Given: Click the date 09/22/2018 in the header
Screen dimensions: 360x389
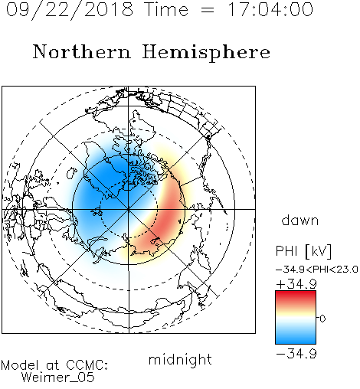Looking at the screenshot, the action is point(70,10).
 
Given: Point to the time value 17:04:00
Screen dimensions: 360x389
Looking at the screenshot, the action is point(270,9).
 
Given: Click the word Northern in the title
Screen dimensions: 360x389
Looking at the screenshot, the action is point(82,51).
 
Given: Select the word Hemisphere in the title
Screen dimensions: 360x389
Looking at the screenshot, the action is point(206,53).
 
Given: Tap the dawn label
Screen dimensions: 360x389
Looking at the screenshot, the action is point(300,220).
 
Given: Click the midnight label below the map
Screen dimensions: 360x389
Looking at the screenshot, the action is point(180,360).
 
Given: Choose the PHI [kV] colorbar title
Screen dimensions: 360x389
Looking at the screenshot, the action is point(303,251).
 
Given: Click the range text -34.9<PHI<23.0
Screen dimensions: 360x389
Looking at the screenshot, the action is point(317,270).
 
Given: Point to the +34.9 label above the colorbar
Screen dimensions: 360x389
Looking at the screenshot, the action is point(296,284).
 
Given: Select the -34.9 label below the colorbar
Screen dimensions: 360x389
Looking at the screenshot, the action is point(296,354).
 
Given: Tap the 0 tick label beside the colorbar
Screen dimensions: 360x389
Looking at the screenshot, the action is point(322,319).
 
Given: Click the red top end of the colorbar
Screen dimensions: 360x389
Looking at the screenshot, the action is point(296,293).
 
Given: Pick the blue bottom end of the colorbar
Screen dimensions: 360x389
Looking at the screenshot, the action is point(296,342).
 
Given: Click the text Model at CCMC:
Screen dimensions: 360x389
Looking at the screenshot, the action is point(54,365).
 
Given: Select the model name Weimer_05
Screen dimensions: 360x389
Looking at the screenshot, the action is point(58,378).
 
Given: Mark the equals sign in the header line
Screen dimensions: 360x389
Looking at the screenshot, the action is point(208,11).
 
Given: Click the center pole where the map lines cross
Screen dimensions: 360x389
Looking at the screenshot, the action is point(129,209).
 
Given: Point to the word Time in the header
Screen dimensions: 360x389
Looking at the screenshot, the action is point(166,9).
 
